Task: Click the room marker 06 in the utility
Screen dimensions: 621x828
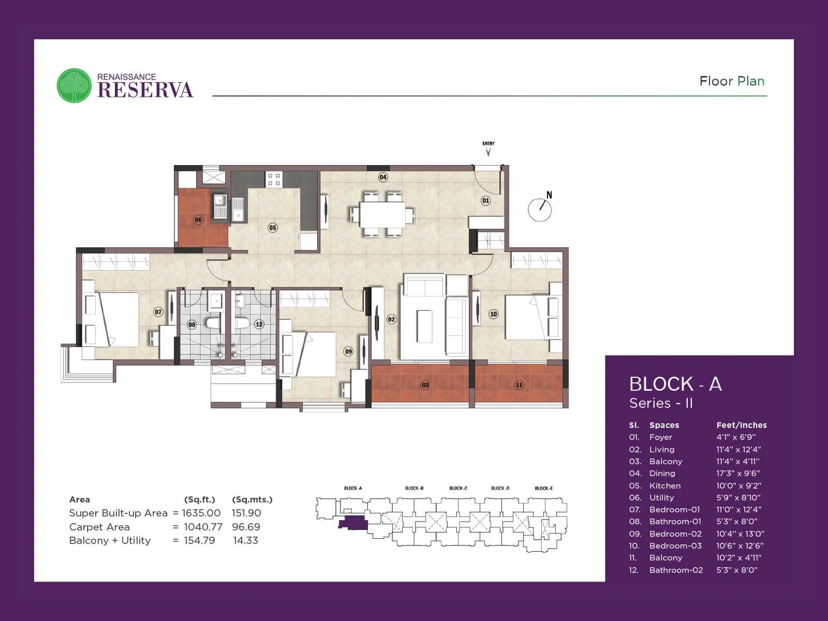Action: (198, 219)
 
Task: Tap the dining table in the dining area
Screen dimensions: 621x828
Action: (382, 214)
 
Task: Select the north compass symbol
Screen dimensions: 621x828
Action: (540, 208)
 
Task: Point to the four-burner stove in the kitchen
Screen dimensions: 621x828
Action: (274, 180)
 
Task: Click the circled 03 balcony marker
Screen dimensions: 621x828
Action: (425, 385)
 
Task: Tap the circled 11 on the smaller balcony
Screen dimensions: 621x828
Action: (519, 385)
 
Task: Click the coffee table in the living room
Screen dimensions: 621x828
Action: (424, 326)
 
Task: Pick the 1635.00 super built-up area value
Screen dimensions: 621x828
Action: (201, 513)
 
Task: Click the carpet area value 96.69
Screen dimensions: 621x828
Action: (246, 527)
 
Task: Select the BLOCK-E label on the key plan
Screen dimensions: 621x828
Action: (543, 488)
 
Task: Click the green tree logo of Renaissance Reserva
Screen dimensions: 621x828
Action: (74, 85)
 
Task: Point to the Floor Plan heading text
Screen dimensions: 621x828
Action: (731, 81)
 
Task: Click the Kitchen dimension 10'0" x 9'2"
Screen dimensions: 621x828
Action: (738, 485)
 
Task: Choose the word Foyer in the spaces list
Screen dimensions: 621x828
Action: (660, 437)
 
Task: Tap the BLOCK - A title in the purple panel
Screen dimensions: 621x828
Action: (675, 384)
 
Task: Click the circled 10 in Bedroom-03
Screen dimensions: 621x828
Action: (493, 314)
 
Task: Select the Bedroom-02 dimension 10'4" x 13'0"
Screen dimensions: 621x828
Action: (740, 534)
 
